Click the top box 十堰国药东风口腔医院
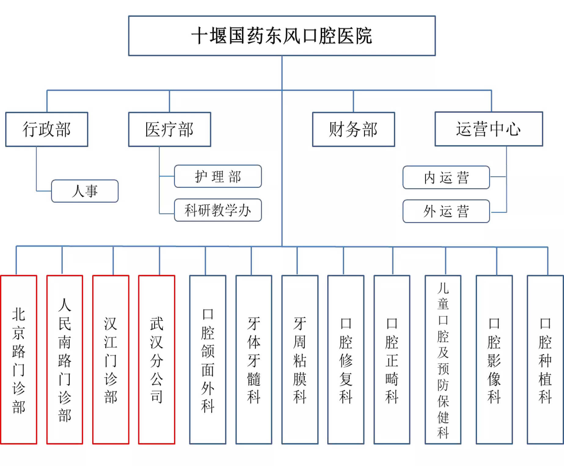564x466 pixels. coord(282,36)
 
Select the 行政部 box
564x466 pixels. coord(47,129)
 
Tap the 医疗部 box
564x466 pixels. coord(169,129)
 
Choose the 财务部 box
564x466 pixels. coord(354,129)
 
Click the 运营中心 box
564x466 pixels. coord(489,129)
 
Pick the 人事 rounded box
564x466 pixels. coord(85,191)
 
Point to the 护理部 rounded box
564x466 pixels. coord(218,176)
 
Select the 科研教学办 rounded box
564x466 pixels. coord(218,210)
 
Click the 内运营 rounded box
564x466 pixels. coord(446,177)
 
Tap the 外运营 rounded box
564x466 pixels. coord(446,211)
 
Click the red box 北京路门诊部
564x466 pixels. coord(19,360)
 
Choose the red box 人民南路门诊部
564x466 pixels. coord(65,360)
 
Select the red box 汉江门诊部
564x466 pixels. coord(111,360)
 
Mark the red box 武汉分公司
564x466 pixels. coord(157,360)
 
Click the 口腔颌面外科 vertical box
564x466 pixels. coord(208,360)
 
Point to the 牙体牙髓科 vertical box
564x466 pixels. coord(254,360)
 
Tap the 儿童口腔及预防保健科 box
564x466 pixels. coord(443,360)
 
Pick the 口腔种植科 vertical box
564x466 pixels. coord(545,360)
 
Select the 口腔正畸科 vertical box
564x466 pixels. coord(392,360)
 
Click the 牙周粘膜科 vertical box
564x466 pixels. coord(300,360)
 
